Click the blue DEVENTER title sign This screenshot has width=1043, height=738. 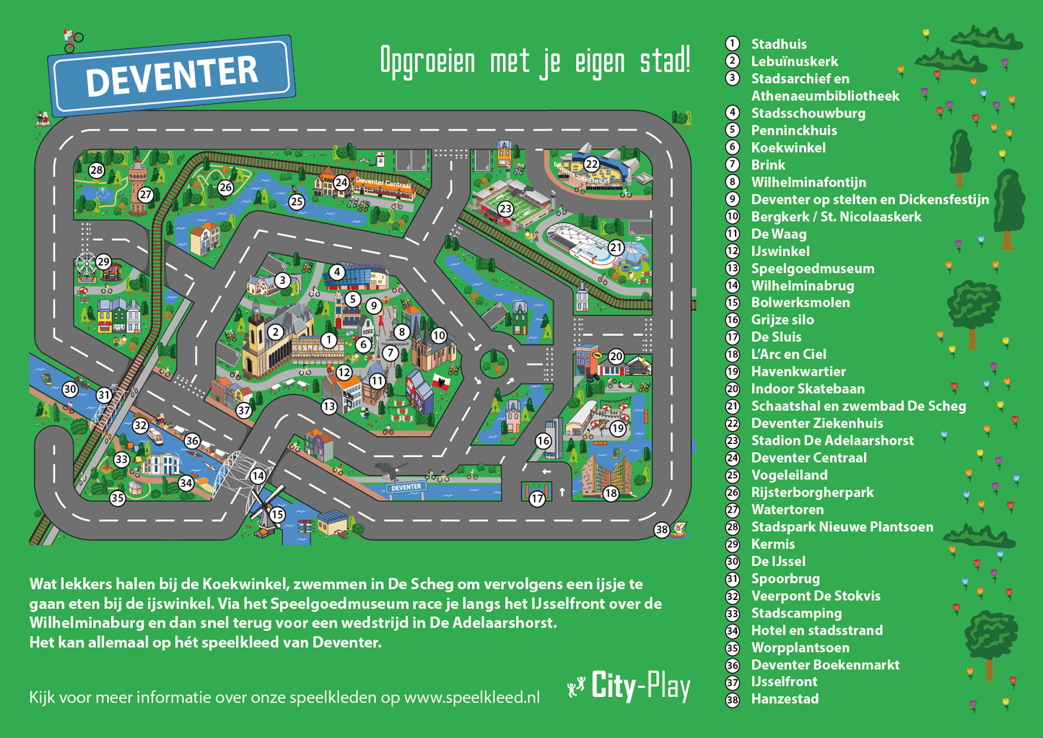coord(171,75)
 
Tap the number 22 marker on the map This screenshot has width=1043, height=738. coord(592,164)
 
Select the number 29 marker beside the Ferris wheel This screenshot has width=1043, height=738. coord(104,261)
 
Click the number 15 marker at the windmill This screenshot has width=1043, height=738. coord(277,515)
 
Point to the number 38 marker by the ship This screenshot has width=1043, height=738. coord(662,530)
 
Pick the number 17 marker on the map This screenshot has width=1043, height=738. coord(537,499)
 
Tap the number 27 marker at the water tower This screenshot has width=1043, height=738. coord(146,194)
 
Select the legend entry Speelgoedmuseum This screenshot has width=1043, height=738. coord(812,269)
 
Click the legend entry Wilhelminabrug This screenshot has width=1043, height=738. coord(802,286)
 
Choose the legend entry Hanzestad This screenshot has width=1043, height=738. coord(785,699)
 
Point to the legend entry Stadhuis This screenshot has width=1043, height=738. coord(778,44)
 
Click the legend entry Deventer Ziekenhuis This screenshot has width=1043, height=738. coord(816,423)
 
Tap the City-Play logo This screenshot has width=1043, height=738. coord(630,686)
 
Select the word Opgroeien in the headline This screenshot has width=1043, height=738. coord(427,61)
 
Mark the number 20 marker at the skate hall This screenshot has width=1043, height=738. coord(616,356)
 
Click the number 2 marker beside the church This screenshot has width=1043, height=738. coord(275,332)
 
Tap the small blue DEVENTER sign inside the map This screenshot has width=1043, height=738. coord(406,487)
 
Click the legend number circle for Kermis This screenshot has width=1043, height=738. coord(733,544)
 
